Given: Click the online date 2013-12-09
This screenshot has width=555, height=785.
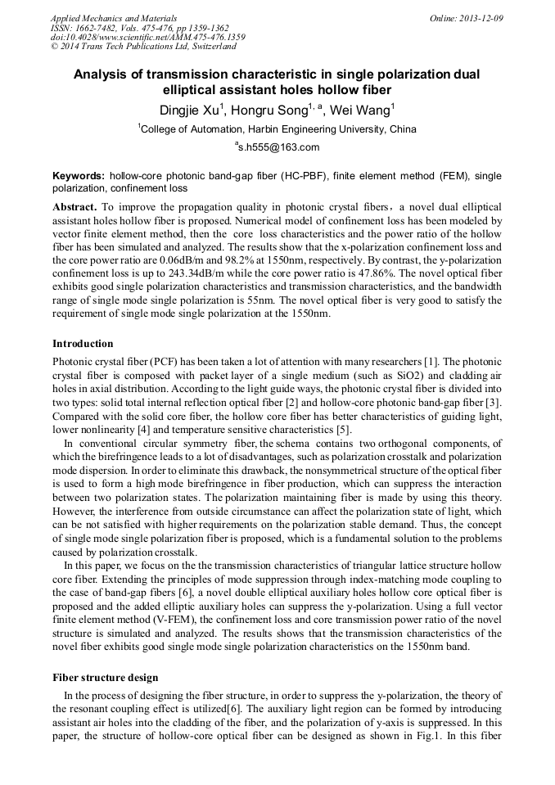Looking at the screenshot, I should (x=481, y=18).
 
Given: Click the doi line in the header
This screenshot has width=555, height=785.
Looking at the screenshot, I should (x=147, y=38).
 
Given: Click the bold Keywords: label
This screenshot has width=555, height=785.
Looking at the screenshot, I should (x=78, y=176).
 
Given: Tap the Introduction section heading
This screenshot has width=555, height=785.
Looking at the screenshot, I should (x=83, y=343).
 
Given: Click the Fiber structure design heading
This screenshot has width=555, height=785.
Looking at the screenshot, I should (x=106, y=678).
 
